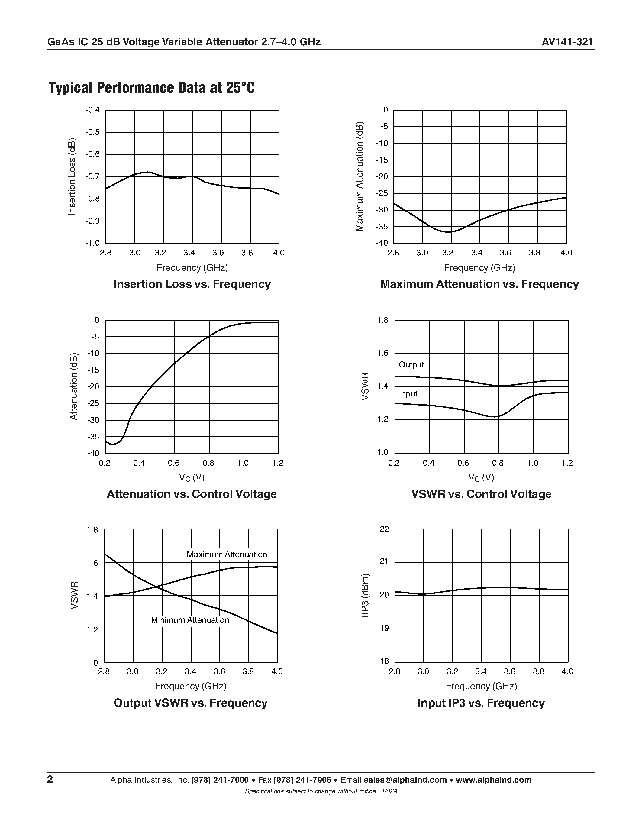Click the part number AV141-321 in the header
click(567, 42)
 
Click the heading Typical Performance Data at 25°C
click(152, 88)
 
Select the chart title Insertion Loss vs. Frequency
click(192, 284)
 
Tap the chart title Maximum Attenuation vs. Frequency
click(479, 284)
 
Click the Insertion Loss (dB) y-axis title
click(72, 176)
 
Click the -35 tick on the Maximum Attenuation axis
click(382, 227)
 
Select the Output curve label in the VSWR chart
click(411, 364)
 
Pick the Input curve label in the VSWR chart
click(408, 394)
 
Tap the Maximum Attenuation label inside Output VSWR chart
click(227, 555)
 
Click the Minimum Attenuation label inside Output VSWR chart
click(190, 620)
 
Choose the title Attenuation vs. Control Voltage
click(192, 494)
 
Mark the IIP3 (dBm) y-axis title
click(365, 595)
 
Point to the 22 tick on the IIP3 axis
click(384, 529)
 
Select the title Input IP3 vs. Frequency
click(481, 703)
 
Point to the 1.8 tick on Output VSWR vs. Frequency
click(92, 530)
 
